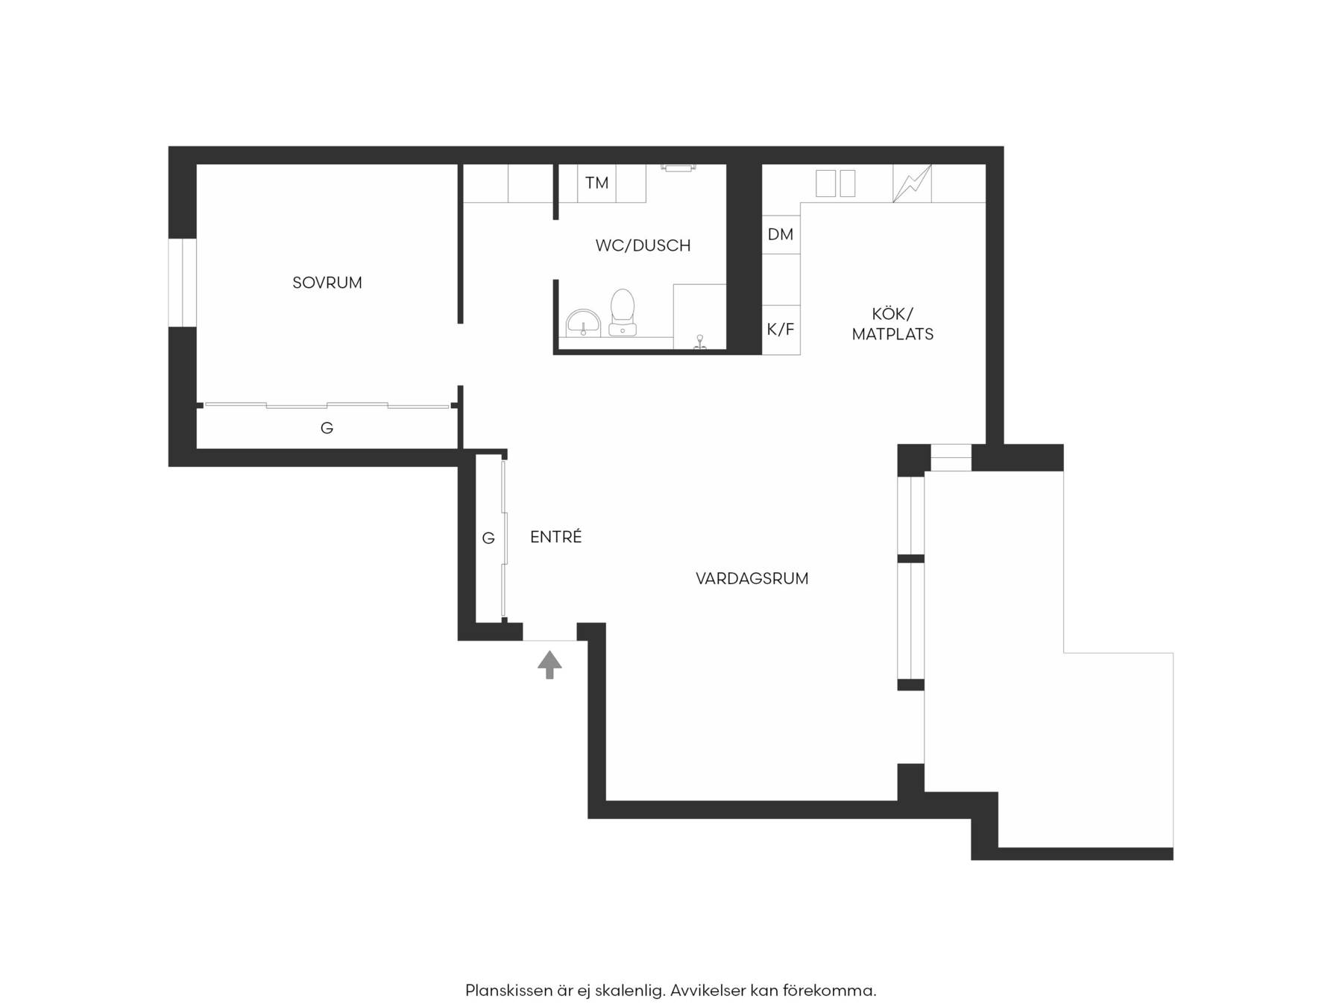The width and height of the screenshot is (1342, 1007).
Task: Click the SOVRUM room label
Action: coord(327,283)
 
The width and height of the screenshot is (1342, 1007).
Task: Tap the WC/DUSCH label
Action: coord(643,245)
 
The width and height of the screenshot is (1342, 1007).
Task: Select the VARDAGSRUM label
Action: coord(752,578)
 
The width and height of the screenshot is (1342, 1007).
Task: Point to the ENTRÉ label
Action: coord(555,536)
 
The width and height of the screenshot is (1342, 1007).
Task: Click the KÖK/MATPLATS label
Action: coord(892,324)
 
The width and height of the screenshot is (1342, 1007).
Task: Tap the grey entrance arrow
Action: coord(549,664)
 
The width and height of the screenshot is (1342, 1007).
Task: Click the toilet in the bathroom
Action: coord(623,313)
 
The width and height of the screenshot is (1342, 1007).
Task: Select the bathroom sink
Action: coord(583,323)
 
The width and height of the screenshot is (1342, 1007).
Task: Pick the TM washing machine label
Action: coord(596,183)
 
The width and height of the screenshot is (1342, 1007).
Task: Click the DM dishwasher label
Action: coord(780,234)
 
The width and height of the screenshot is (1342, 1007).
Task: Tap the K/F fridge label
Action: coord(781,329)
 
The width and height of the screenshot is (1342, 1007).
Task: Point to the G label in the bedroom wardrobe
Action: coord(327,428)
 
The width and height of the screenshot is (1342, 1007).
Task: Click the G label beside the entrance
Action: coord(488,538)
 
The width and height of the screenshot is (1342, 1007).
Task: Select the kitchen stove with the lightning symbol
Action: coord(913,183)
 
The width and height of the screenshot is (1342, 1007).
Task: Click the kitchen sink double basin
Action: coord(835,183)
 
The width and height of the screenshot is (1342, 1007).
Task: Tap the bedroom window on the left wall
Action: coord(182,283)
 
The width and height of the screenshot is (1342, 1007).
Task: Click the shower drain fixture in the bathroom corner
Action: coord(700,342)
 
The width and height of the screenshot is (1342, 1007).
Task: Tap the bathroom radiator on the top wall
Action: coord(678,168)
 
